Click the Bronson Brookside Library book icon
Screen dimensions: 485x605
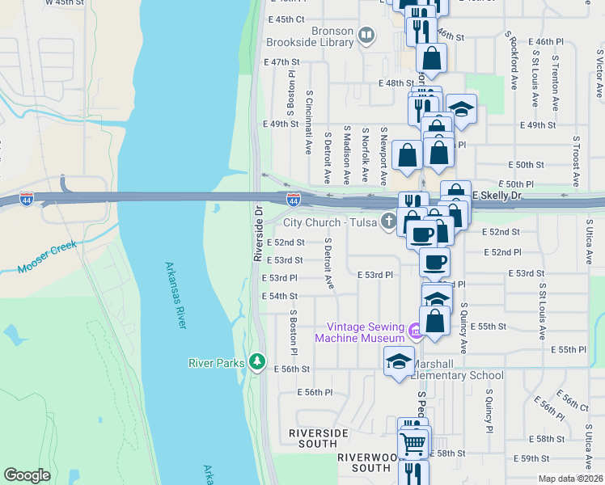[366, 35]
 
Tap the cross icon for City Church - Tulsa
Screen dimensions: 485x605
[389, 221]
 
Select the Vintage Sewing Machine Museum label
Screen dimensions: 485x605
[365, 332]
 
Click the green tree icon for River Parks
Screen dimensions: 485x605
[258, 361]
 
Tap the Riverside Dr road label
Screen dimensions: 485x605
[259, 233]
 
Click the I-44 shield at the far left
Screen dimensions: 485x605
[27, 200]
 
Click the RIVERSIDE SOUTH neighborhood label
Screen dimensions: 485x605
[312, 438]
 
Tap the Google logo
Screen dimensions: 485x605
[27, 475]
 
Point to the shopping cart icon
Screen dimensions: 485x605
[413, 444]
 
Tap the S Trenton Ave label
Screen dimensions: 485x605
[556, 81]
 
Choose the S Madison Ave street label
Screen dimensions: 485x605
[346, 154]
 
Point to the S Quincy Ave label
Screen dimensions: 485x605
[464, 328]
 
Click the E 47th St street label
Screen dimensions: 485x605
[281, 61]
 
